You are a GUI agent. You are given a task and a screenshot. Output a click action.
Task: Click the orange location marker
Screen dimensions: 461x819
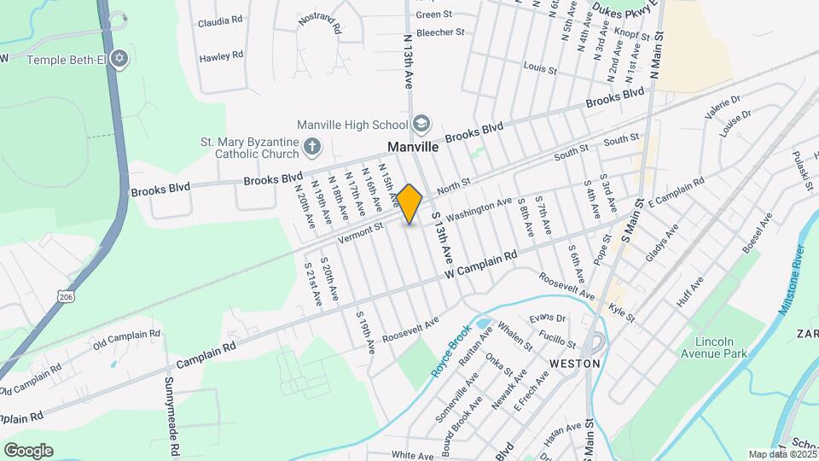pos(409,203)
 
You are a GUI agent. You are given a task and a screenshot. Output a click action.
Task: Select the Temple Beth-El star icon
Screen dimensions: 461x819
pos(120,59)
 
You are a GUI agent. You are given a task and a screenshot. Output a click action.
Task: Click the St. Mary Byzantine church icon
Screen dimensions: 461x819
pos(311,147)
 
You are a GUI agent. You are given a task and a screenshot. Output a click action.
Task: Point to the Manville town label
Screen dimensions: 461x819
pos(413,147)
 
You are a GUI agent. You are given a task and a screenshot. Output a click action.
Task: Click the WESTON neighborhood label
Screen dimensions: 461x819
pos(575,363)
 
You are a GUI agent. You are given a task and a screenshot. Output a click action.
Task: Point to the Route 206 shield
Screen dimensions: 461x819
pos(66,295)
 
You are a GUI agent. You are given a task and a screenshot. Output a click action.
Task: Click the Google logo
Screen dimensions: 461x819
pos(28,451)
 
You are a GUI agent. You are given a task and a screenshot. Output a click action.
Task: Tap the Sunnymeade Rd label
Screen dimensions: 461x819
pos(171,415)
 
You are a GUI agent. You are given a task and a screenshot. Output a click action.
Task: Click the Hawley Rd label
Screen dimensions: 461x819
pos(221,56)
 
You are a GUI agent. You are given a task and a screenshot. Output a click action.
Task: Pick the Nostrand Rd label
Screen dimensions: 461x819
pos(320,24)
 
